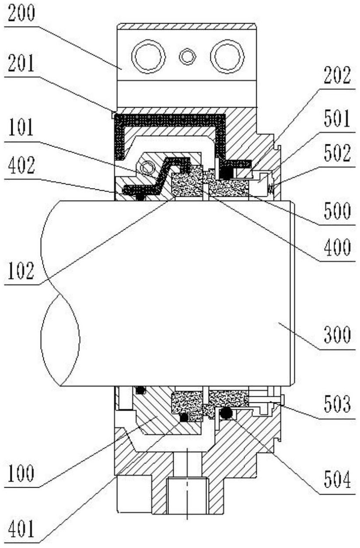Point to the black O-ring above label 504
click(x=226, y=412)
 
